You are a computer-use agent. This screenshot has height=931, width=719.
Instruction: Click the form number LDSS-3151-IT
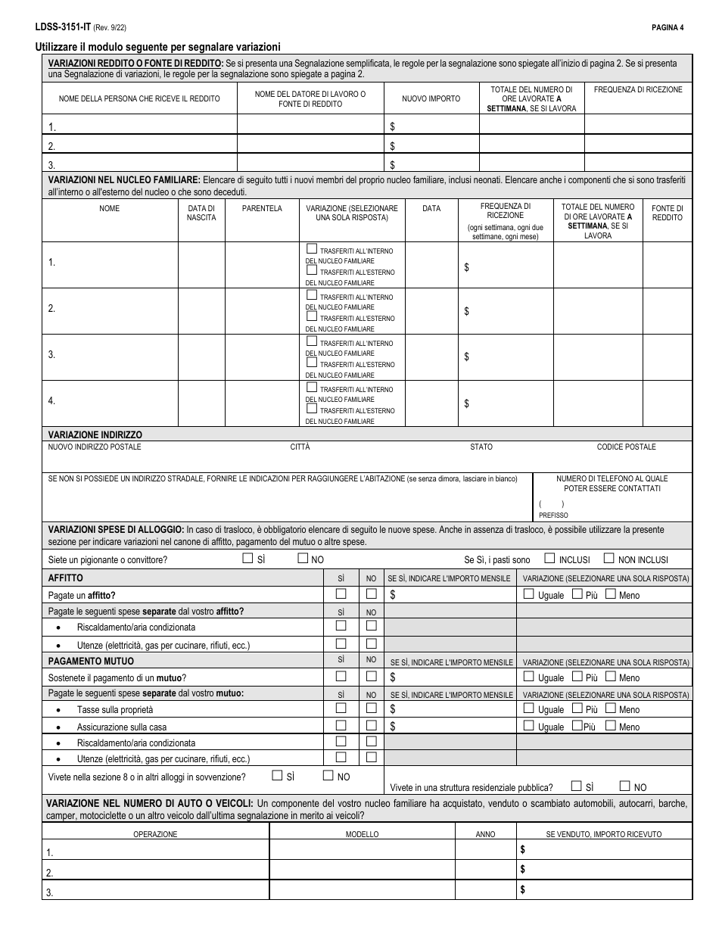pos(62,27)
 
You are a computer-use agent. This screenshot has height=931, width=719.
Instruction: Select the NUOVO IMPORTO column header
pos(431,98)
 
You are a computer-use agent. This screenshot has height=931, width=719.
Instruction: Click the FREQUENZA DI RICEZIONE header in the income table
pos(638,89)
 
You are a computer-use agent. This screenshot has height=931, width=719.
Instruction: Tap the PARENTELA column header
pos(262,208)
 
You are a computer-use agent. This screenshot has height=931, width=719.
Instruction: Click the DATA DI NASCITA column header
pos(201,213)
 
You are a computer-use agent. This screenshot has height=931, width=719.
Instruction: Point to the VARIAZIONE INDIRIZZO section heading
pos(95,434)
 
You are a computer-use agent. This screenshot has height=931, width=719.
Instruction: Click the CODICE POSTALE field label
pos(626,447)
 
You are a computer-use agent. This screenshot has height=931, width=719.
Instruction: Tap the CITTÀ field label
pos(300,447)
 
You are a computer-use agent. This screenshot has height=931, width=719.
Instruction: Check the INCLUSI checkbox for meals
pos(549,559)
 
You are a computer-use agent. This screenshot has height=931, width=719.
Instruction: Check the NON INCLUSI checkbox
pos(609,559)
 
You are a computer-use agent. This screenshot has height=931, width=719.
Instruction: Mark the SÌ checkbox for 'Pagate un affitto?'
pos(341,594)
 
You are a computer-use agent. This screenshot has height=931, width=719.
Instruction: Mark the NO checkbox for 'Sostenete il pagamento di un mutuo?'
pos(371,677)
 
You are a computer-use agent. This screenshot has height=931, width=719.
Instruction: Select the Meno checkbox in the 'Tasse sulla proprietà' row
pos(610,708)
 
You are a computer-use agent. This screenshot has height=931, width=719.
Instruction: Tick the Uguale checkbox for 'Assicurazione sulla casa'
pos(528,726)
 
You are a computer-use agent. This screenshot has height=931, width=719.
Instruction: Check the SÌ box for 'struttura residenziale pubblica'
pos(577,786)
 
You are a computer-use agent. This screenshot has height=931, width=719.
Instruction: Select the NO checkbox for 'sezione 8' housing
pos(328,775)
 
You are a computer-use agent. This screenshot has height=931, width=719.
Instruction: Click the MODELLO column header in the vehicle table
pos(362,834)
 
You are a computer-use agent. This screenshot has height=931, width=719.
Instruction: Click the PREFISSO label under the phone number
pos(553,515)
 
